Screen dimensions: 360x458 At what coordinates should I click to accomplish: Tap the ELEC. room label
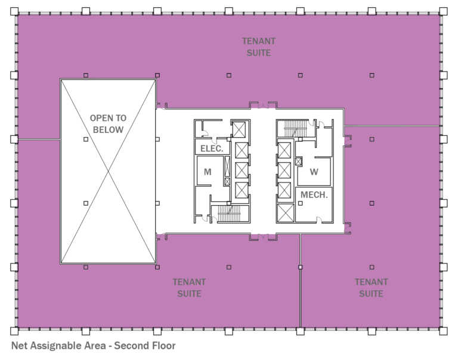coord(212,148)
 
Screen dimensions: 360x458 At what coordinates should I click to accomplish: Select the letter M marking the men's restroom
coord(208,172)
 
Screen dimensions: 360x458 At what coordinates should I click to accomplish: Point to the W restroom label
coord(314,172)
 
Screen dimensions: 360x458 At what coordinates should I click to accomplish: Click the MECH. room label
coord(314,195)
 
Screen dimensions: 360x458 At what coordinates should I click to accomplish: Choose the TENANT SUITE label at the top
coord(259,47)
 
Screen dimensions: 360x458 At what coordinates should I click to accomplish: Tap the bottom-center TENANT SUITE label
coord(189,288)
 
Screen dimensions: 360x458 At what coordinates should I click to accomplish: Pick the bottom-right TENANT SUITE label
coord(371,288)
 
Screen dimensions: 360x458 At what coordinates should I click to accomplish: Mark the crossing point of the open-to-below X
coord(108,172)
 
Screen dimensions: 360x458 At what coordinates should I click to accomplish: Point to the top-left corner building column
coord(15,11)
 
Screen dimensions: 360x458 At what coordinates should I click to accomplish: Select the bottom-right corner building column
coord(443,331)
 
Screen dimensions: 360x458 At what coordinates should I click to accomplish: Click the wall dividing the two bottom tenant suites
coord(300,280)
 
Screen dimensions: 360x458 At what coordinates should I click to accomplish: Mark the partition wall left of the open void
coord(39,139)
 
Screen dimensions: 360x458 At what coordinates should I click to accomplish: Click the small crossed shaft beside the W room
coord(299,160)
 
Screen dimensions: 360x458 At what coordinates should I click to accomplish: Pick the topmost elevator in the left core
coord(240,129)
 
